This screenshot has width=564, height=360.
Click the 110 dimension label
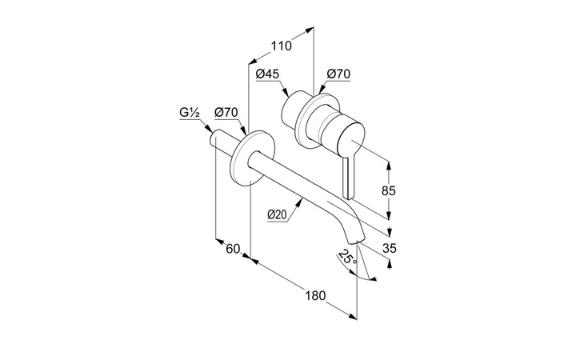pos(282,46)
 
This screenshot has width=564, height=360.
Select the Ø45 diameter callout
pos(267,74)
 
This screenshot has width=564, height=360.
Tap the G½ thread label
pos(190,113)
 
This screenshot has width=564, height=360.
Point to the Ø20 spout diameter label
pos(277,214)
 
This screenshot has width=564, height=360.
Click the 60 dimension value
pos(233,248)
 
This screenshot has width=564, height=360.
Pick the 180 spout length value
pos(315,296)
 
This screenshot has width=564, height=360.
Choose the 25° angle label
pos(347,258)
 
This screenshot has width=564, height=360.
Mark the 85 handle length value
pos(389,190)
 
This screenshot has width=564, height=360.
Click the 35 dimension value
pos(389,248)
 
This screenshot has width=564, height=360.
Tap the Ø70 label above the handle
pos(338,74)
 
